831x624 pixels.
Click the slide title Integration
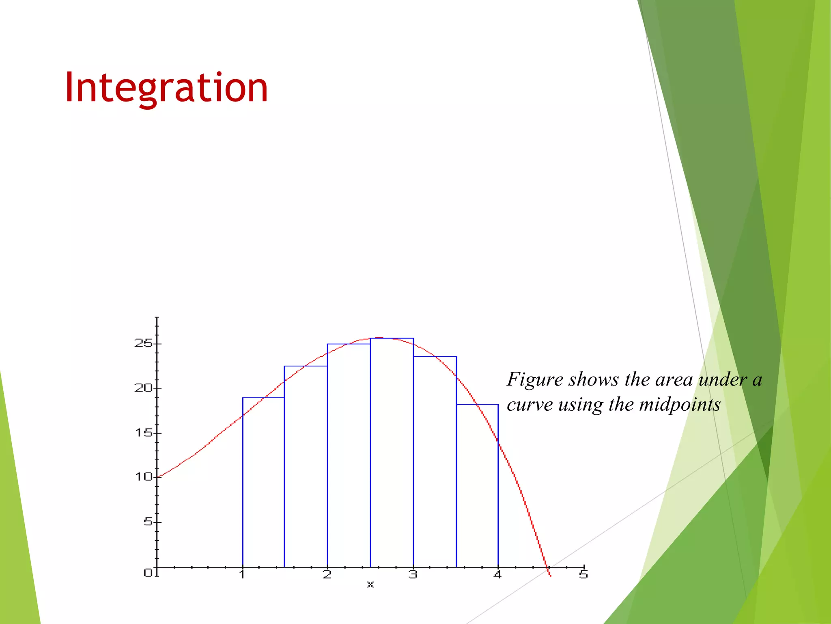(x=166, y=87)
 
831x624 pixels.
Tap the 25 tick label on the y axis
(x=143, y=343)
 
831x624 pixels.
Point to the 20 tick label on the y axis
(x=143, y=388)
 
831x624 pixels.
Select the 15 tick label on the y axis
(x=144, y=433)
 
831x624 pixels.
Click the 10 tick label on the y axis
(x=144, y=477)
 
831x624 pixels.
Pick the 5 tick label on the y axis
(x=148, y=521)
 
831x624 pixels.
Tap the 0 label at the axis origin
(x=148, y=572)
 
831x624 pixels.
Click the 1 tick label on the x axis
(x=242, y=574)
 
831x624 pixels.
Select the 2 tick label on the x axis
(x=327, y=574)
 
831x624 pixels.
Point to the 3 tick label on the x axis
(x=413, y=574)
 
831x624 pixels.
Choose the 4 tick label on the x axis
(x=498, y=574)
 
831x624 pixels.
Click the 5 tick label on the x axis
(x=583, y=574)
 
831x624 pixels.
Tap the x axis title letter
(x=370, y=585)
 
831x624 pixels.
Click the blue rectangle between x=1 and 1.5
(x=263, y=483)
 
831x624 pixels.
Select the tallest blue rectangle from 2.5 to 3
(x=392, y=451)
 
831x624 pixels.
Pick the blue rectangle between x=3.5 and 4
(x=477, y=487)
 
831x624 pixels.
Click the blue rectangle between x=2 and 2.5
(x=349, y=455)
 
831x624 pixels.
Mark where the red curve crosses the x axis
(x=547, y=567)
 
